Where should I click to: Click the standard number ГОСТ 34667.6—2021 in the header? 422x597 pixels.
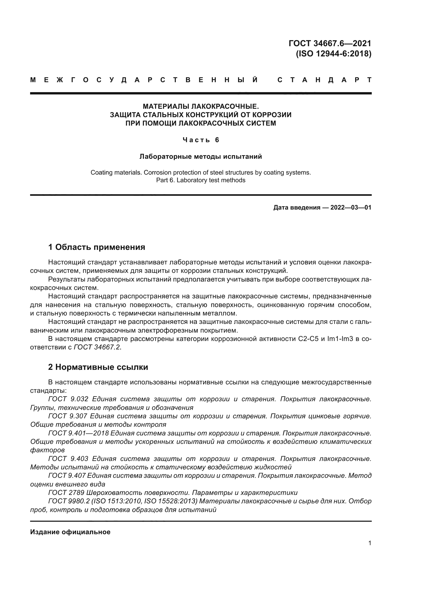tap(330, 43)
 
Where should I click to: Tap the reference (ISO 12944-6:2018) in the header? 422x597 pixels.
tap(334, 54)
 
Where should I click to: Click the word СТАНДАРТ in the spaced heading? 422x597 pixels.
tap(325, 80)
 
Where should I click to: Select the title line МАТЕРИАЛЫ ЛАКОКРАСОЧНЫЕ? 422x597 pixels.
tap(201, 106)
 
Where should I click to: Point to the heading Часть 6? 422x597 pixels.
tap(201, 140)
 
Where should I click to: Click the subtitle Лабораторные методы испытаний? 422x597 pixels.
tap(201, 156)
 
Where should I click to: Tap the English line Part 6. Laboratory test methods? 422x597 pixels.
tap(201, 180)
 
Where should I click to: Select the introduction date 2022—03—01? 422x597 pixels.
tap(351, 208)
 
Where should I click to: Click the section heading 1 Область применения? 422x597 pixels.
tap(97, 247)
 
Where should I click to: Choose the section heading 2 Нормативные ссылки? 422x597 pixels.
tap(98, 367)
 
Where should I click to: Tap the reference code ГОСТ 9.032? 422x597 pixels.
tap(68, 399)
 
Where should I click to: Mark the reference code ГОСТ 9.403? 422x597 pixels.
tap(68, 459)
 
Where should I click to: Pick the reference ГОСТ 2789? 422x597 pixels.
tap(66, 493)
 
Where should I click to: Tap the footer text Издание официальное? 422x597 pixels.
tap(70, 532)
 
